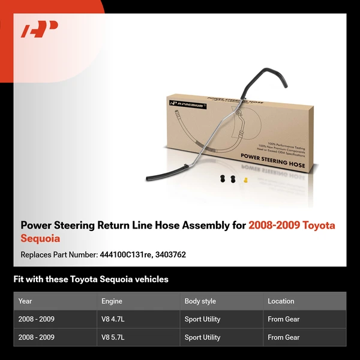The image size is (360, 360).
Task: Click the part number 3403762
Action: pyautogui.click(x=170, y=254)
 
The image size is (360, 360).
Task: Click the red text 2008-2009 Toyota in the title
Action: pyautogui.click(x=292, y=226)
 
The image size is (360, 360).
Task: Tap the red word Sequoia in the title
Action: pyautogui.click(x=40, y=238)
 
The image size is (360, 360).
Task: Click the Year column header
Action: pyautogui.click(x=25, y=301)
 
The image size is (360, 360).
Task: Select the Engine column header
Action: pyautogui.click(x=112, y=301)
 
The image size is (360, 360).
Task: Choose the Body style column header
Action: pyautogui.click(x=200, y=301)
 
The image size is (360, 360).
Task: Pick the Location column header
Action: pyautogui.click(x=281, y=301)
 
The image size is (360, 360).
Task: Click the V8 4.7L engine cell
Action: pyautogui.click(x=112, y=319)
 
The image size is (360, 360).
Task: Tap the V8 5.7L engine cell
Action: pyautogui.click(x=112, y=337)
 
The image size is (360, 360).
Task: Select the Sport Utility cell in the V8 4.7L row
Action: pyautogui.click(x=202, y=319)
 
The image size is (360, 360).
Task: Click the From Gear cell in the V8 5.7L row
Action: pyautogui.click(x=283, y=337)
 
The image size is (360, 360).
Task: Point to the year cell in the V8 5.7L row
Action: pyautogui.click(x=36, y=337)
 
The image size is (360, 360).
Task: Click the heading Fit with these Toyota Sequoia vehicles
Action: pyautogui.click(x=91, y=279)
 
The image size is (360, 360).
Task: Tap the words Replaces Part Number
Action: pyautogui.click(x=58, y=254)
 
